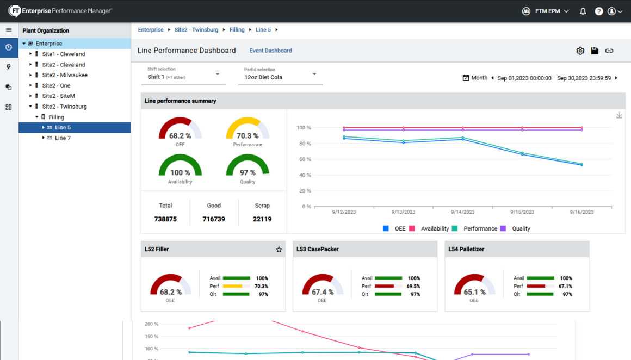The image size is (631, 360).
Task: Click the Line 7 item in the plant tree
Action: click(x=63, y=138)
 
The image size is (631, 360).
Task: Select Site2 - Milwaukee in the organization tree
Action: click(x=65, y=75)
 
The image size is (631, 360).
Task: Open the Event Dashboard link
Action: click(x=270, y=51)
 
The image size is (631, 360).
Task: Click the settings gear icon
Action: click(x=580, y=51)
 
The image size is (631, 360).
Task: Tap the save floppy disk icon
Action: click(x=595, y=51)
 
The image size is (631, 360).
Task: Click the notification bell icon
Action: click(x=583, y=11)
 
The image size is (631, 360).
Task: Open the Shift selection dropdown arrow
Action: click(x=218, y=75)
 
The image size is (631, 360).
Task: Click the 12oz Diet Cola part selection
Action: click(x=263, y=77)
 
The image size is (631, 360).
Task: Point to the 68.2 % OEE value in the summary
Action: click(x=180, y=136)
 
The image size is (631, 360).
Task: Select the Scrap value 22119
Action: click(x=262, y=219)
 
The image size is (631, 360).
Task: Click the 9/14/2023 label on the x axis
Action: click(x=462, y=212)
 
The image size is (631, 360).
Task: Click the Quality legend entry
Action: click(x=521, y=229)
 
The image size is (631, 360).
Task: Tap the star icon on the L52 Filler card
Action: click(x=279, y=250)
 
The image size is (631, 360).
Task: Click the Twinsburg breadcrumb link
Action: click(x=196, y=30)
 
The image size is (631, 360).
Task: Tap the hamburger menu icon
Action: click(x=9, y=30)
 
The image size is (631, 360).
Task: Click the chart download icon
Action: click(x=619, y=115)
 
